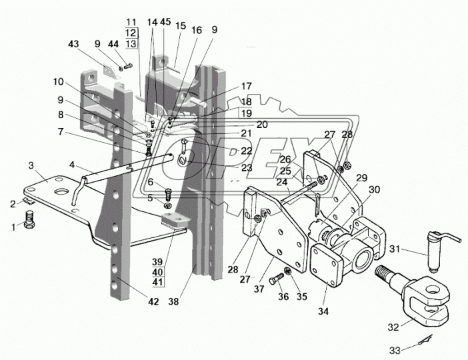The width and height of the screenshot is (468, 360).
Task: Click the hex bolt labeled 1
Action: click(x=29, y=220)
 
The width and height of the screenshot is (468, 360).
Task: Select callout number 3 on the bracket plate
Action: click(x=31, y=165)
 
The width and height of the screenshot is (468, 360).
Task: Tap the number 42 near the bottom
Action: click(x=154, y=302)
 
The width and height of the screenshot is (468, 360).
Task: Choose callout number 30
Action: click(x=374, y=189)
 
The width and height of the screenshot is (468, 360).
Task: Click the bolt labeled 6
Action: click(x=168, y=195)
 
